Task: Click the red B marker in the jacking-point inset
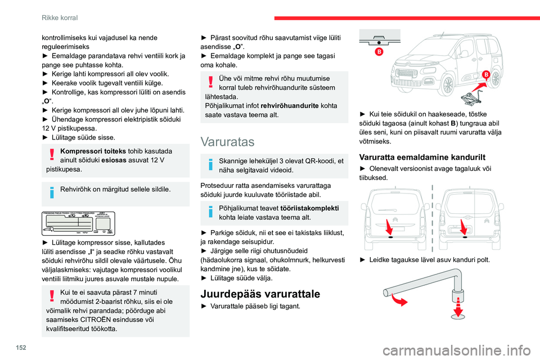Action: pos(380,51)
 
